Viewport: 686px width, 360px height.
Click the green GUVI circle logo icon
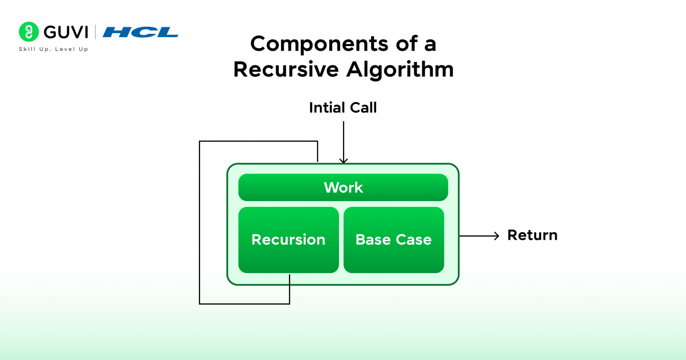tap(29, 32)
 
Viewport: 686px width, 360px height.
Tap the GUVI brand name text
tap(66, 32)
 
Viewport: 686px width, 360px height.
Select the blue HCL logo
tap(140, 32)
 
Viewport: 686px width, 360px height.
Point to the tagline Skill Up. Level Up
tap(54, 49)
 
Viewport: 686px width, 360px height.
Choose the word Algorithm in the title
tap(400, 70)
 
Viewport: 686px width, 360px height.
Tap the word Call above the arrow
tap(364, 108)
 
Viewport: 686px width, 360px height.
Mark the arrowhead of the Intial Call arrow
tap(343, 161)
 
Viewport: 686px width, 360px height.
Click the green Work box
tap(343, 188)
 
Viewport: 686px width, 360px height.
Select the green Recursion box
tap(289, 240)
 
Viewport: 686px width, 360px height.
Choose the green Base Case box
tap(393, 240)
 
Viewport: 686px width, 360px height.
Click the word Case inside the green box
tap(414, 240)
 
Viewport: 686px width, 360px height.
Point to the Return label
tap(532, 235)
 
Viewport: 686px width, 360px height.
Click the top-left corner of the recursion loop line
tap(200, 142)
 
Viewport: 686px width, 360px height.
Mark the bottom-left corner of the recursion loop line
tap(200, 304)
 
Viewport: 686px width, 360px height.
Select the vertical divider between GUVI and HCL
tap(95, 32)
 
